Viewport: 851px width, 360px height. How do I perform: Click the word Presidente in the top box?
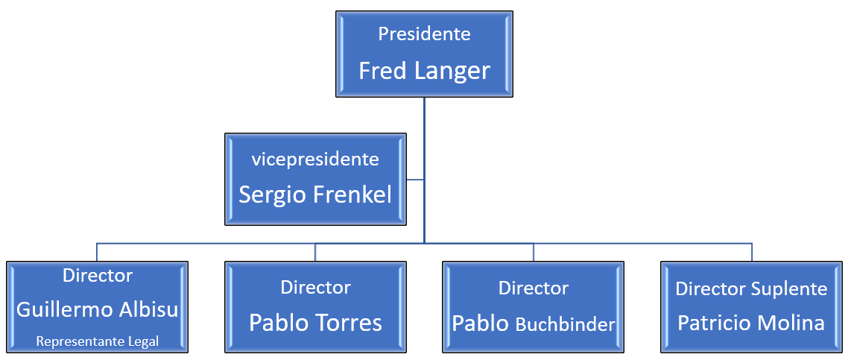coord(424,34)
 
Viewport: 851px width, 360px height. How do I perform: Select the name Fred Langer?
coord(424,71)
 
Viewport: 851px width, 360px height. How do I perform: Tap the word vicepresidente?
coord(315,160)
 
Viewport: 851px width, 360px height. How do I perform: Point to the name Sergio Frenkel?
coord(315,195)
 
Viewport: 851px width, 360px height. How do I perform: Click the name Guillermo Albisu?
coord(98,309)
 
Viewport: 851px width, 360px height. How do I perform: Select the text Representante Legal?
coord(98,341)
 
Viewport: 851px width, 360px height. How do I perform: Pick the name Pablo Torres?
coord(315,323)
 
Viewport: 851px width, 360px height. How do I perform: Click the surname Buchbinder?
coord(565,325)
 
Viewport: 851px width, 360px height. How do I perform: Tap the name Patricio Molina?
coord(751,323)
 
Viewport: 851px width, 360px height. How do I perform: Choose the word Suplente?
coord(789,289)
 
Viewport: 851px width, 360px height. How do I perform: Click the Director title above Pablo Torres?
coord(315,287)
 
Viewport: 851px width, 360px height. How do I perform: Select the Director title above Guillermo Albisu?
coord(98,275)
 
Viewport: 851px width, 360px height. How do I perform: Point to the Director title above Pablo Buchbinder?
coord(534,288)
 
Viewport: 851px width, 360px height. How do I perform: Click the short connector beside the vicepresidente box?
coord(415,179)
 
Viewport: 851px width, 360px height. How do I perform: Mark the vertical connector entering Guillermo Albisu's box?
coord(97,252)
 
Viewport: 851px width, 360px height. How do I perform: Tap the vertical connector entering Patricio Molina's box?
coord(752,252)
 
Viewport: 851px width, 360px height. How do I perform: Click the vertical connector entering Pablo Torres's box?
coord(315,252)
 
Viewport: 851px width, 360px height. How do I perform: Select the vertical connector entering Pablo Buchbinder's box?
coord(534,252)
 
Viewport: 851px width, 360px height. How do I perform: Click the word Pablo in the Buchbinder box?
coord(481,323)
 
